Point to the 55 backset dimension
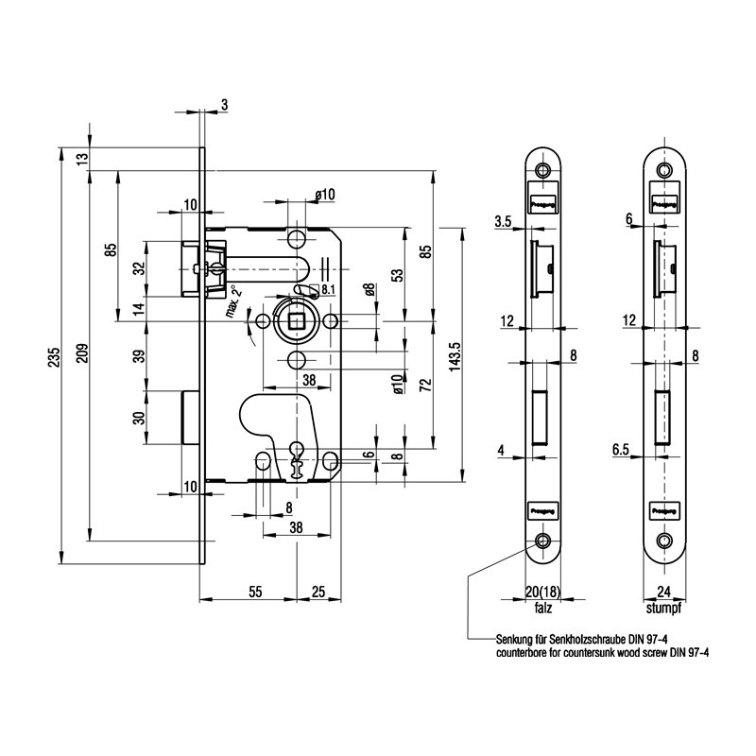[x=255, y=592]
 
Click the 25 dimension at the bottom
[x=318, y=592]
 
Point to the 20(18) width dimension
[x=542, y=593]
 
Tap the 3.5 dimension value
[x=502, y=223]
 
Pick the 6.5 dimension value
[x=622, y=452]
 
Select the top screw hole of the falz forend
[x=542, y=171]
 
